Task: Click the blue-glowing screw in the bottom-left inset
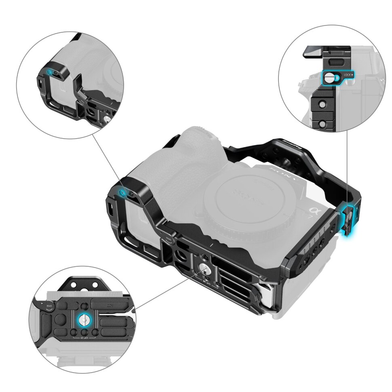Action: pyautogui.click(x=82, y=320)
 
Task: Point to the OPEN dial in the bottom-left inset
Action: pyautogui.click(x=47, y=304)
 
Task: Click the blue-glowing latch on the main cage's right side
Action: pyautogui.click(x=348, y=220)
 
